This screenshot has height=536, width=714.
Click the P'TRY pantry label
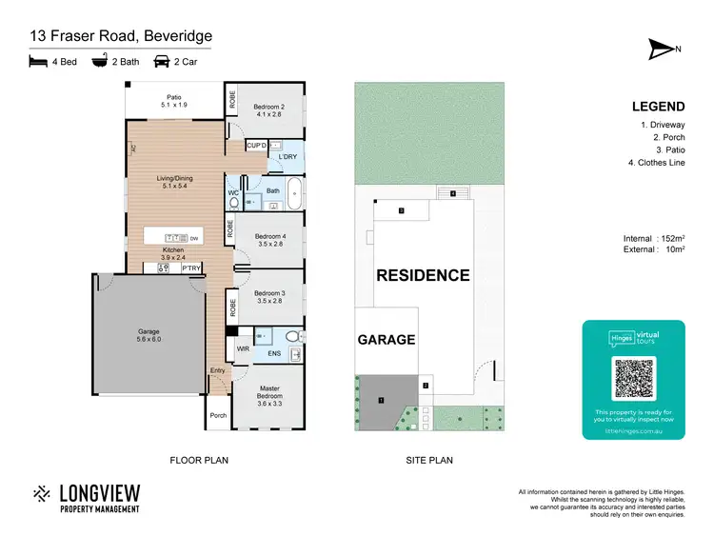click(x=190, y=268)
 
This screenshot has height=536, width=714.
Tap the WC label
click(x=232, y=193)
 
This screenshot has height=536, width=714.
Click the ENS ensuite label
click(x=274, y=354)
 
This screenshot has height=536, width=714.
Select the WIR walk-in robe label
click(x=242, y=349)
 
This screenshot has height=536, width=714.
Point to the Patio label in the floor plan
click(x=174, y=96)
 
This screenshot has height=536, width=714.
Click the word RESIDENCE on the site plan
click(x=423, y=275)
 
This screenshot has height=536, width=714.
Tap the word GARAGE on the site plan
click(x=386, y=339)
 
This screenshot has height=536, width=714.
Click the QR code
click(x=633, y=379)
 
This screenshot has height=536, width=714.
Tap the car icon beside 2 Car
click(x=162, y=62)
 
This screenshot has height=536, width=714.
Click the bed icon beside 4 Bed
click(x=38, y=62)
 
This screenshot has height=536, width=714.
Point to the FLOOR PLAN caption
click(x=199, y=460)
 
